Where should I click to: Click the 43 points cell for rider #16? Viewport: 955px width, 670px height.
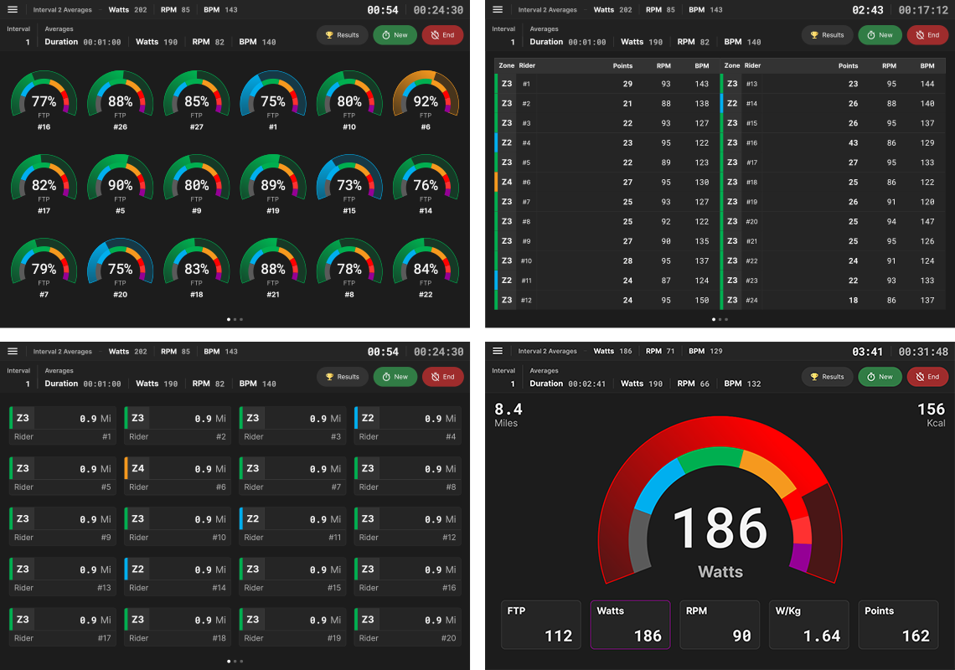point(853,143)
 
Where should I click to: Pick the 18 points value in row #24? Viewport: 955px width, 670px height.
point(853,300)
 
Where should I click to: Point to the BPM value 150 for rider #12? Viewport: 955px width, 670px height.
point(702,300)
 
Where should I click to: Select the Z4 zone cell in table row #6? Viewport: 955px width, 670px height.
point(507,182)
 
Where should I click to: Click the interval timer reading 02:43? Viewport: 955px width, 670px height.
point(867,10)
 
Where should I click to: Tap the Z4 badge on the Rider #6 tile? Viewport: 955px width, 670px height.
point(138,468)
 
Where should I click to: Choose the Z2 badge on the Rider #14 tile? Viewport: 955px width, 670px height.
point(138,569)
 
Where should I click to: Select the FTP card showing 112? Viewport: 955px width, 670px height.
point(540,625)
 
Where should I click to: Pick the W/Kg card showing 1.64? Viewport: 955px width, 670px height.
point(808,625)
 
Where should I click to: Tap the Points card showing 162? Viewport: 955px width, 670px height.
point(898,625)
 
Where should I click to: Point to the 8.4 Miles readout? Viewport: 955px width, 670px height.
point(508,414)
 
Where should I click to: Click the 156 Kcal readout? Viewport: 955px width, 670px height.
point(931,414)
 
